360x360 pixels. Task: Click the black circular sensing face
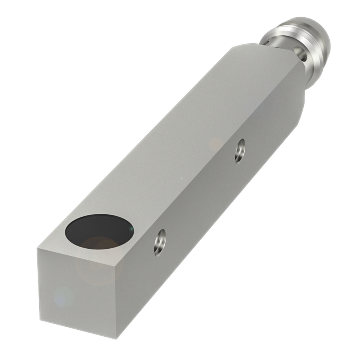99,229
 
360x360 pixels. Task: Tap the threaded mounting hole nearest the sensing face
160,242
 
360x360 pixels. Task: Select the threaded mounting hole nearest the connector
240,151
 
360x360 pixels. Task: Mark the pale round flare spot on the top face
216,144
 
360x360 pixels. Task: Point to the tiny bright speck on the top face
182,178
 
